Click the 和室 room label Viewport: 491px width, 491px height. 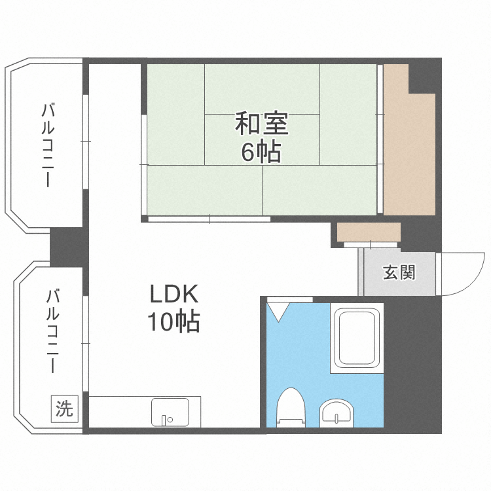[261, 123]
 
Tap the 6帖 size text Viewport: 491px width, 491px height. [261, 152]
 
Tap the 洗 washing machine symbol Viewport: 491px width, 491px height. [64, 409]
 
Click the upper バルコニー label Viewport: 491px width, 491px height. [48, 145]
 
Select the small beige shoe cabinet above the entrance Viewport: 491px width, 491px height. [369, 232]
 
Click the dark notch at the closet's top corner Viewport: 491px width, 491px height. [422, 77]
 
